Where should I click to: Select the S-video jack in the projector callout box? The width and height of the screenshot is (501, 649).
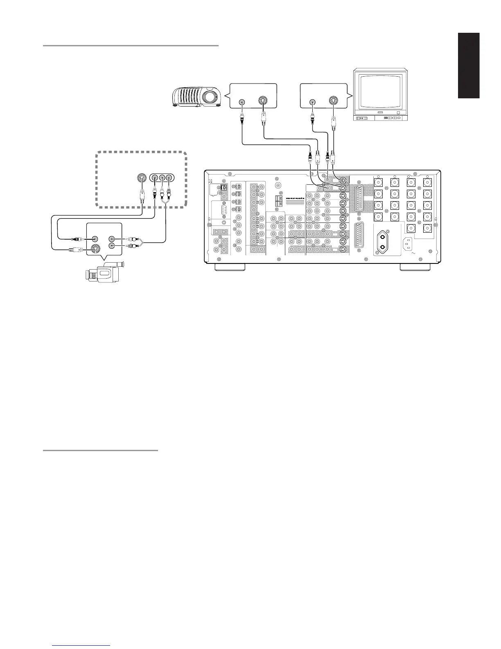[262, 101]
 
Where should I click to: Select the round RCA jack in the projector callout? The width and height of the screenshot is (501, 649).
[242, 101]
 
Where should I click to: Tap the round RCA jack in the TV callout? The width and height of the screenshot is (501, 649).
[313, 101]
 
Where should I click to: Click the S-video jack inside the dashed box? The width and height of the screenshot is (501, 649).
[141, 178]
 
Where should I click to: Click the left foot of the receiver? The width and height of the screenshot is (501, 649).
[230, 267]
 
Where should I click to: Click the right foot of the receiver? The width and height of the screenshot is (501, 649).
[415, 267]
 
